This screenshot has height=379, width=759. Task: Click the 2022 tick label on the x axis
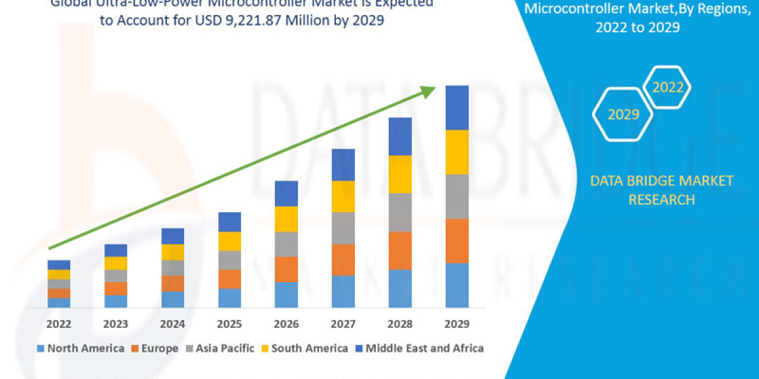click(59, 323)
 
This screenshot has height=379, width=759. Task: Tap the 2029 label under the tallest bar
click(457, 323)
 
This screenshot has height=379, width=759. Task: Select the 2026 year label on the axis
click(286, 323)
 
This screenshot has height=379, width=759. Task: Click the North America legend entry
click(80, 348)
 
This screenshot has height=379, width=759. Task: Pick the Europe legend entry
click(155, 348)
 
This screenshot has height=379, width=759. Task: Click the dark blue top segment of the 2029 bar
click(457, 107)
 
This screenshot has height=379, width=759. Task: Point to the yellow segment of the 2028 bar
click(400, 174)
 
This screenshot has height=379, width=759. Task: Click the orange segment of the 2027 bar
click(343, 260)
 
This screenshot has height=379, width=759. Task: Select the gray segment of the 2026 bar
click(286, 244)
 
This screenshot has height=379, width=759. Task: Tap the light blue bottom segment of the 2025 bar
click(230, 298)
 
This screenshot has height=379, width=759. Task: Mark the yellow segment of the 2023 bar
click(116, 263)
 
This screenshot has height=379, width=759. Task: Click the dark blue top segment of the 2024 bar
click(173, 236)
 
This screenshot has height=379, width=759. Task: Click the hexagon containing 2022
click(667, 88)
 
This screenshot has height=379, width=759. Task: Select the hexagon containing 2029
click(622, 114)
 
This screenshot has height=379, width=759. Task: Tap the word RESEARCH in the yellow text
click(661, 200)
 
